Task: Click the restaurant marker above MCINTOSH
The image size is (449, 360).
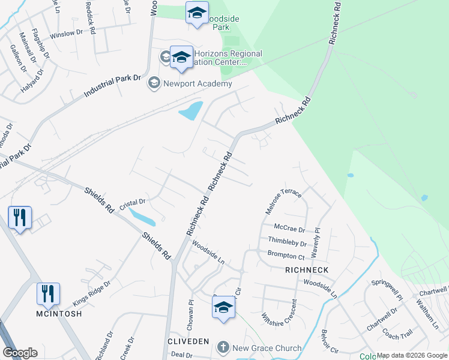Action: (x=49, y=295)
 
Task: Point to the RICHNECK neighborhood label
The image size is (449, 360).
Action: (x=307, y=270)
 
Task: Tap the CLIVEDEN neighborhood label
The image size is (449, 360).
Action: (x=187, y=341)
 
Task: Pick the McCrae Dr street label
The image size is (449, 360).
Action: (x=289, y=229)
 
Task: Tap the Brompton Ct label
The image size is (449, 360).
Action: (x=286, y=254)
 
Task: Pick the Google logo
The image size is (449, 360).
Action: (x=20, y=353)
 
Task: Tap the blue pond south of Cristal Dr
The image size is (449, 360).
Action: (x=142, y=218)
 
